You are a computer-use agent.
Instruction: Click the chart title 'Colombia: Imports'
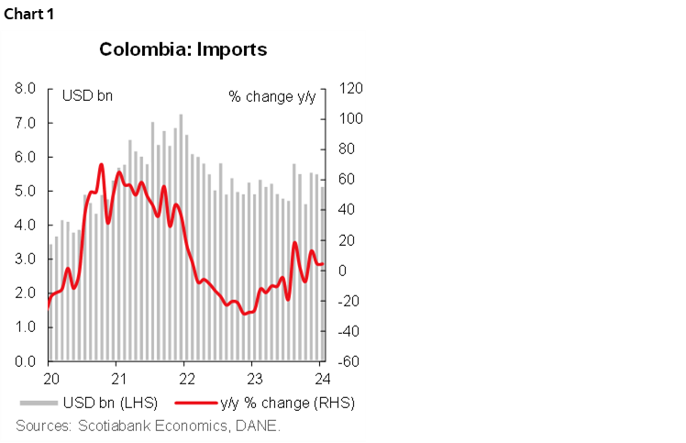point(183,50)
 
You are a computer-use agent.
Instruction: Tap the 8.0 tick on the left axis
point(25,89)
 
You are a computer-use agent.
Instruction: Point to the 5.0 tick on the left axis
point(25,191)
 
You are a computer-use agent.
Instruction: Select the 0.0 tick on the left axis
point(25,361)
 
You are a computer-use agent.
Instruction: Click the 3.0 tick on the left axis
point(25,260)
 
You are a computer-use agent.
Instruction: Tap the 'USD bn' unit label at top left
point(86,96)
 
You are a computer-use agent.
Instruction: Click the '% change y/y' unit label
point(271,96)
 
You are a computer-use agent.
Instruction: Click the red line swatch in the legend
point(199,404)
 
